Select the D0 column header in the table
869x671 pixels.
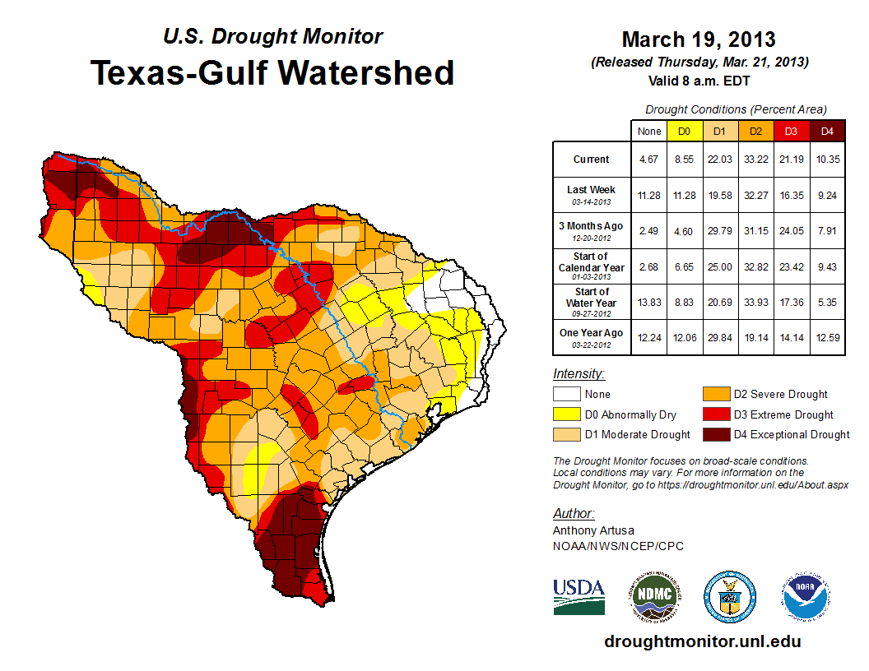tap(684, 131)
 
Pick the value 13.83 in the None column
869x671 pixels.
tap(649, 303)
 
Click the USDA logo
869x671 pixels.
tap(579, 596)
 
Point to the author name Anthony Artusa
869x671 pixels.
tap(593, 530)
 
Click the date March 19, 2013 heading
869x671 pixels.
tap(699, 39)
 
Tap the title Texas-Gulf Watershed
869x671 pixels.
tap(272, 72)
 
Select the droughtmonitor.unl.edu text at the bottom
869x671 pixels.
tap(702, 641)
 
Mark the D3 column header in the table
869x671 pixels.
tap(791, 131)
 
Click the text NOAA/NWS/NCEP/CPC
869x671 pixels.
tap(618, 546)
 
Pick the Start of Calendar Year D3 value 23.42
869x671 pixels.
tap(791, 268)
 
